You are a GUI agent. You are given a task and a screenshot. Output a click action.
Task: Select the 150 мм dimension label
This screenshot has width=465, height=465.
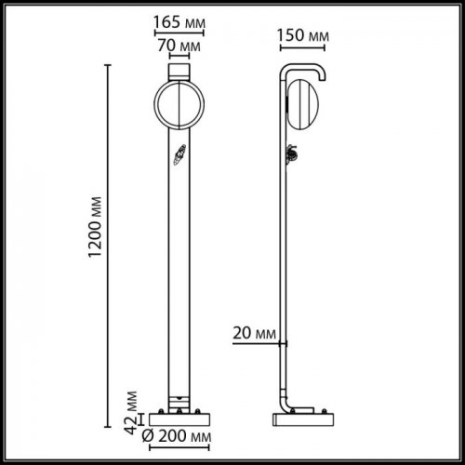(304, 35)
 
